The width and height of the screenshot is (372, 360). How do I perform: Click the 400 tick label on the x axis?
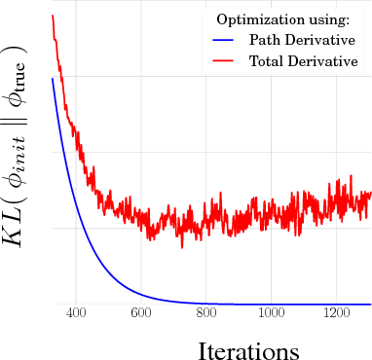(x=76, y=313)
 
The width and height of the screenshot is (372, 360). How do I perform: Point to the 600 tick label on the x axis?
(x=140, y=313)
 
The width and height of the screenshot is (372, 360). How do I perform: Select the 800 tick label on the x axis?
(x=205, y=313)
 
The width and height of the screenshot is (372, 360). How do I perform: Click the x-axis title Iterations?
(x=248, y=349)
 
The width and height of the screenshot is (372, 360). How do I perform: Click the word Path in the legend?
(x=264, y=41)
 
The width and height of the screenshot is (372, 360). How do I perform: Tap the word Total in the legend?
(x=267, y=61)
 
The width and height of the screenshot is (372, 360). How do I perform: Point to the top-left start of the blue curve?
(x=52, y=78)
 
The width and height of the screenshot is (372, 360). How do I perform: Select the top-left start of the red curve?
(x=52, y=16)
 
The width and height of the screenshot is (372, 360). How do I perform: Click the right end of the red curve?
(x=371, y=193)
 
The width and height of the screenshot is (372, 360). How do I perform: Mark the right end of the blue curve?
(x=371, y=305)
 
